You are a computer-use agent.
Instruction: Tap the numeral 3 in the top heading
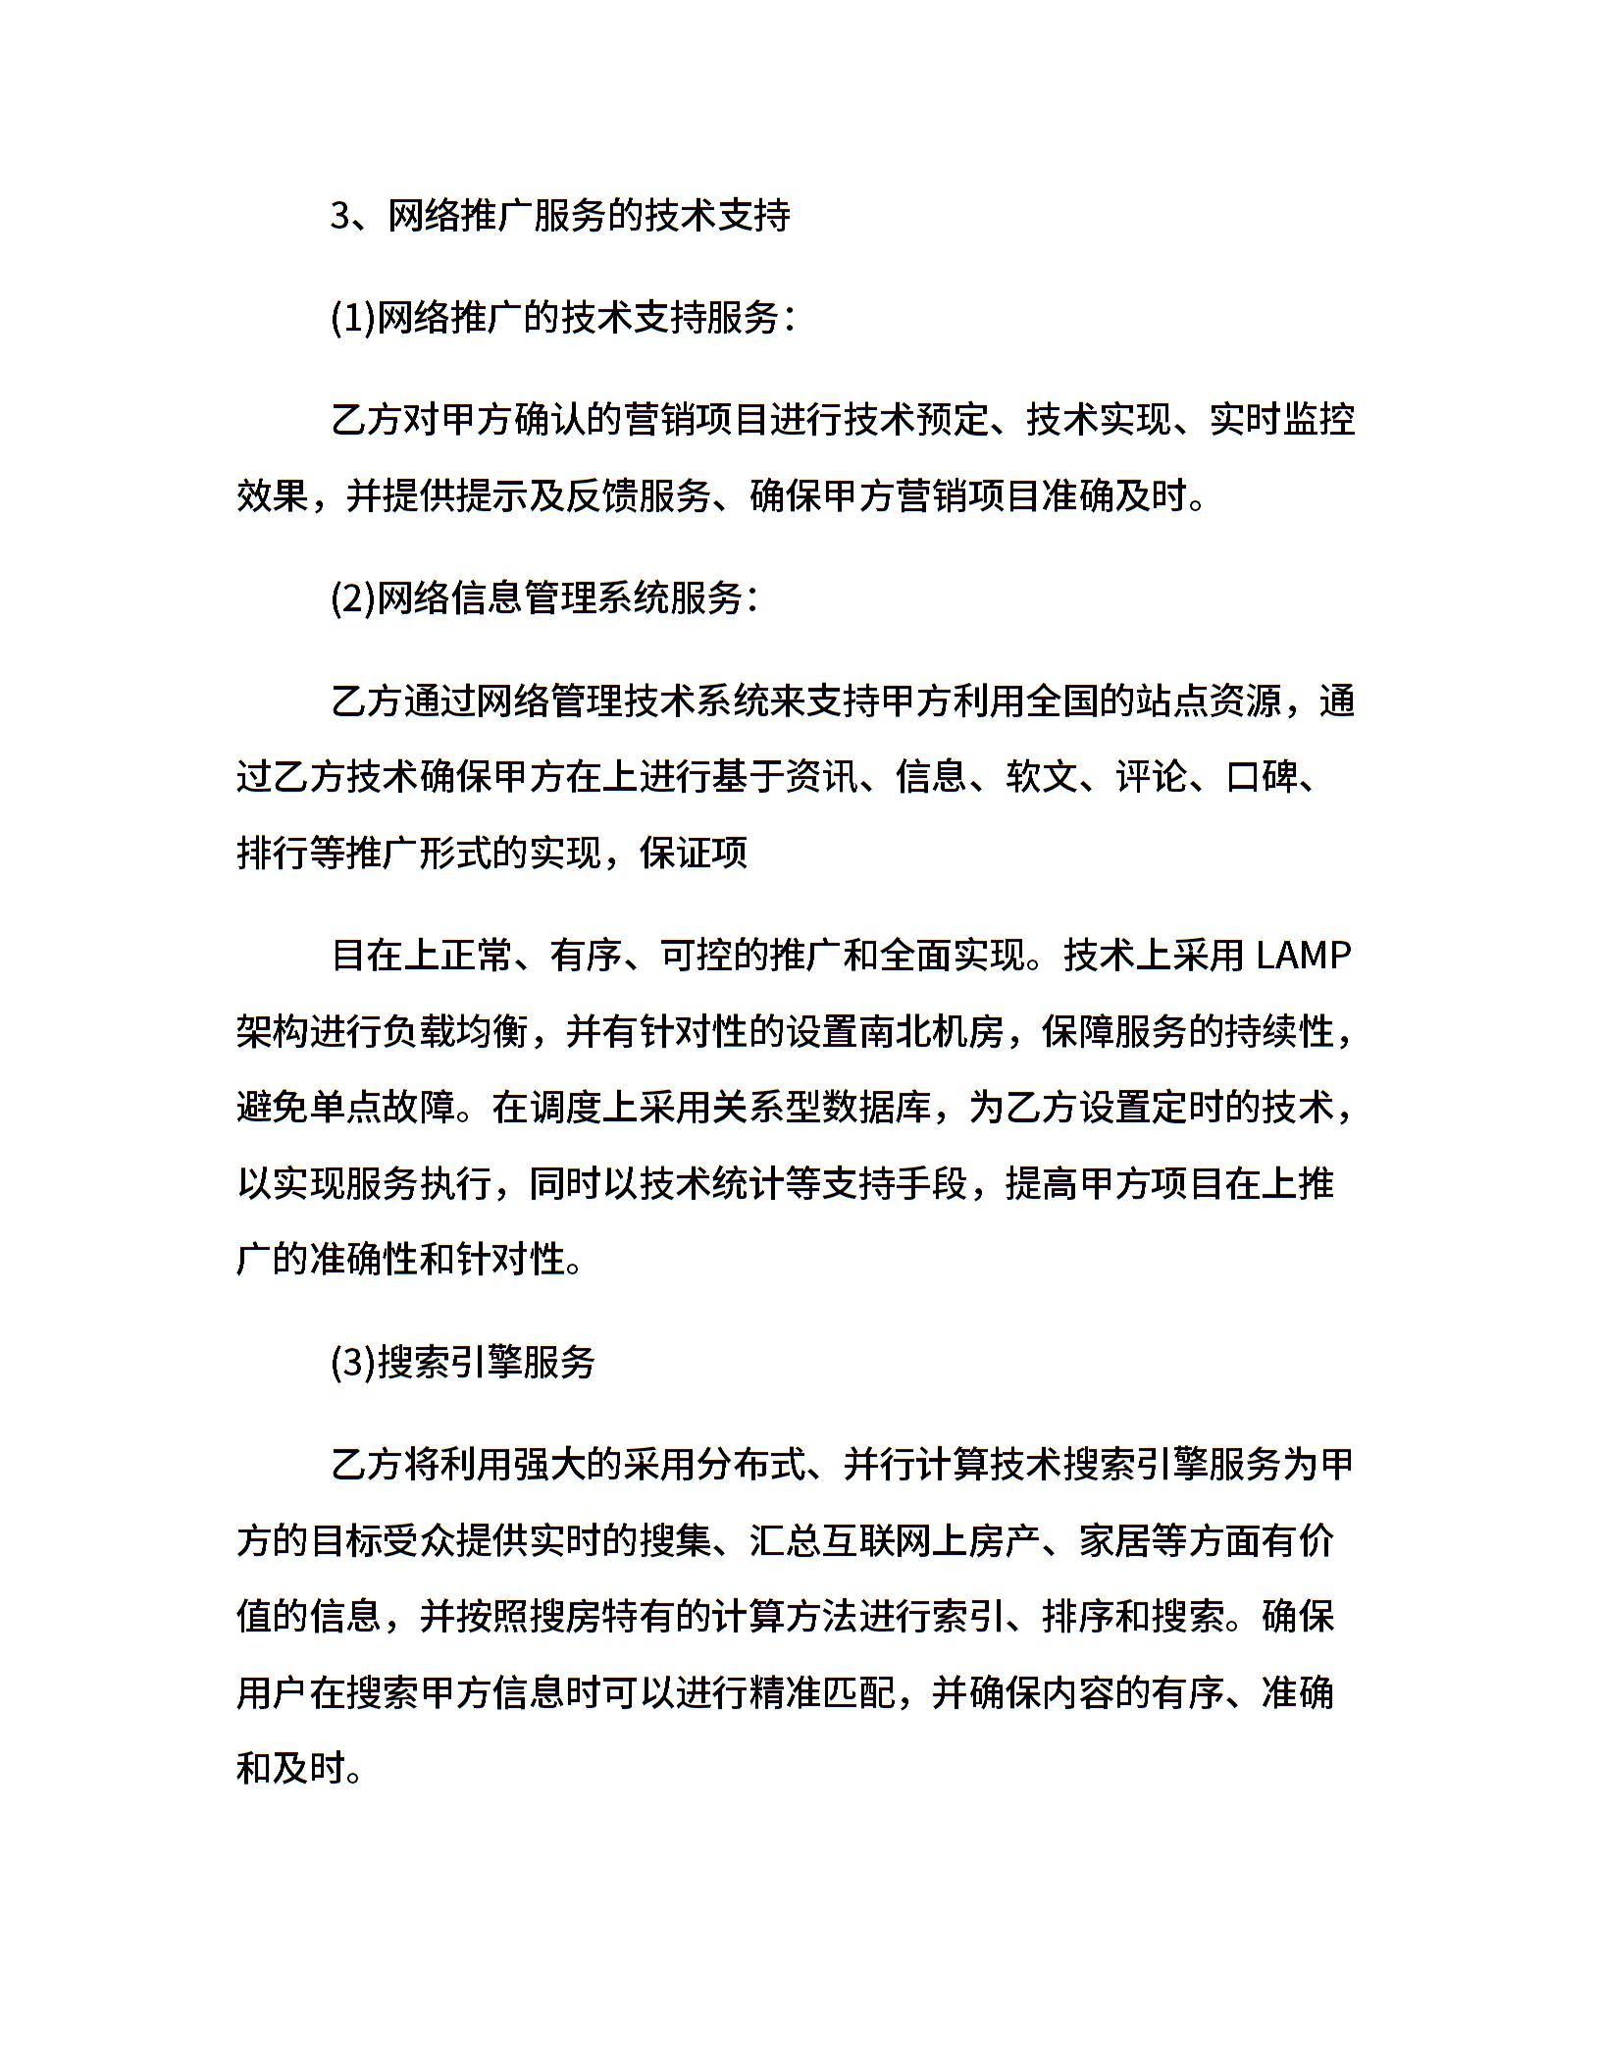340,216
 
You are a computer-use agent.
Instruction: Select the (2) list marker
353,597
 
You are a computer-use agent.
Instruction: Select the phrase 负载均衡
457,1031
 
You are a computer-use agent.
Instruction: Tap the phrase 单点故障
384,1108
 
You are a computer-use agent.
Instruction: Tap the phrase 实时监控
1281,420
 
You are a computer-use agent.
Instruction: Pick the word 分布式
749,1465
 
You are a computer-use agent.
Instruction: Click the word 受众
420,1540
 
